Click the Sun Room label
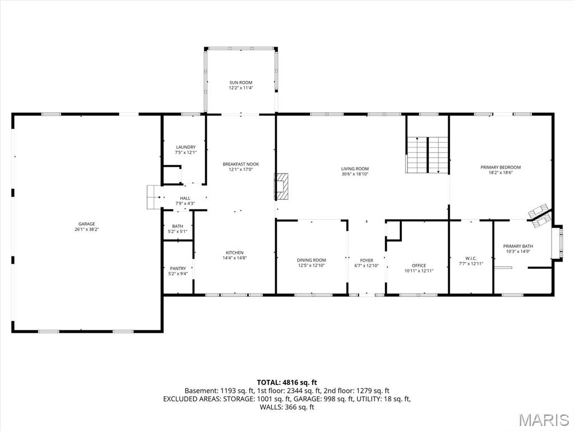click(x=241, y=83)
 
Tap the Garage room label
click(x=87, y=224)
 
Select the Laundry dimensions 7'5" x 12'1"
click(x=186, y=152)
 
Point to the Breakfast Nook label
click(x=241, y=164)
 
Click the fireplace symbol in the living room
click(x=281, y=186)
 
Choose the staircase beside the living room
click(x=427, y=155)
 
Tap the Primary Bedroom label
click(x=501, y=167)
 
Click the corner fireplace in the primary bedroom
click(x=540, y=216)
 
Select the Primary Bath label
click(x=518, y=246)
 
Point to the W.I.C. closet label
click(x=471, y=258)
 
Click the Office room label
click(x=419, y=265)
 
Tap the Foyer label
click(x=367, y=260)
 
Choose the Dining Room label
click(x=311, y=260)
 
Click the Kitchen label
click(x=235, y=253)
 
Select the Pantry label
click(x=178, y=268)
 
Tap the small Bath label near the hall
click(x=178, y=226)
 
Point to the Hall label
click(x=185, y=198)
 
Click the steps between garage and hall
click(x=152, y=197)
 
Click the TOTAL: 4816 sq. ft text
click(x=287, y=383)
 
